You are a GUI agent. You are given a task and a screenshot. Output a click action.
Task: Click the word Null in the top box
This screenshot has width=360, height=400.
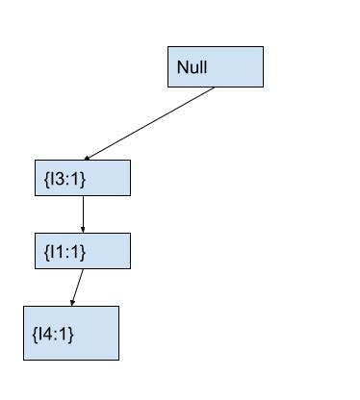coord(193,68)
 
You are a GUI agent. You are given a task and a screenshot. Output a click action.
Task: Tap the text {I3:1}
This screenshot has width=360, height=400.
coord(65,179)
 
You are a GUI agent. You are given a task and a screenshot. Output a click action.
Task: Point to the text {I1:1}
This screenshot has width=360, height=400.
coord(65,251)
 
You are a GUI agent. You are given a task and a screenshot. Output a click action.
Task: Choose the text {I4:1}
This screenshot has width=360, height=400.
coord(53,334)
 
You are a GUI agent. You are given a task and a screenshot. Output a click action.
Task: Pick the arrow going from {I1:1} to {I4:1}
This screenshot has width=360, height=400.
coord(77,287)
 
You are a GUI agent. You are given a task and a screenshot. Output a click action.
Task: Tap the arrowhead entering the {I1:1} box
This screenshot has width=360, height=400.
coord(82,230)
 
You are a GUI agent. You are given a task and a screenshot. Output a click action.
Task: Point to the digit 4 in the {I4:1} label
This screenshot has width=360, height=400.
coord(46,334)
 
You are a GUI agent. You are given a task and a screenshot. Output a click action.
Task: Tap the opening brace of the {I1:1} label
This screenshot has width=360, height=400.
coord(46,251)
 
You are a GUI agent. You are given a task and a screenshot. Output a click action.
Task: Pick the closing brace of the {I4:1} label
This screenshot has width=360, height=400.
coord(71,334)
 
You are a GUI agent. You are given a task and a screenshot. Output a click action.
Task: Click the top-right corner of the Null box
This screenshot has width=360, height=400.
coord(263,45)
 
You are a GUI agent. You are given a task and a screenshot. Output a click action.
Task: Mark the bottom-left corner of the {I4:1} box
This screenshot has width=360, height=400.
coord(23,360)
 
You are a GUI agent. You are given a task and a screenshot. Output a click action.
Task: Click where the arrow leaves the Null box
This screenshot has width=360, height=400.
coord(215,87)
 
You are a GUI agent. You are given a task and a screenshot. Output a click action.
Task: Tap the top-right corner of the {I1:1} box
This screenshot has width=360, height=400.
coord(129,233)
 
